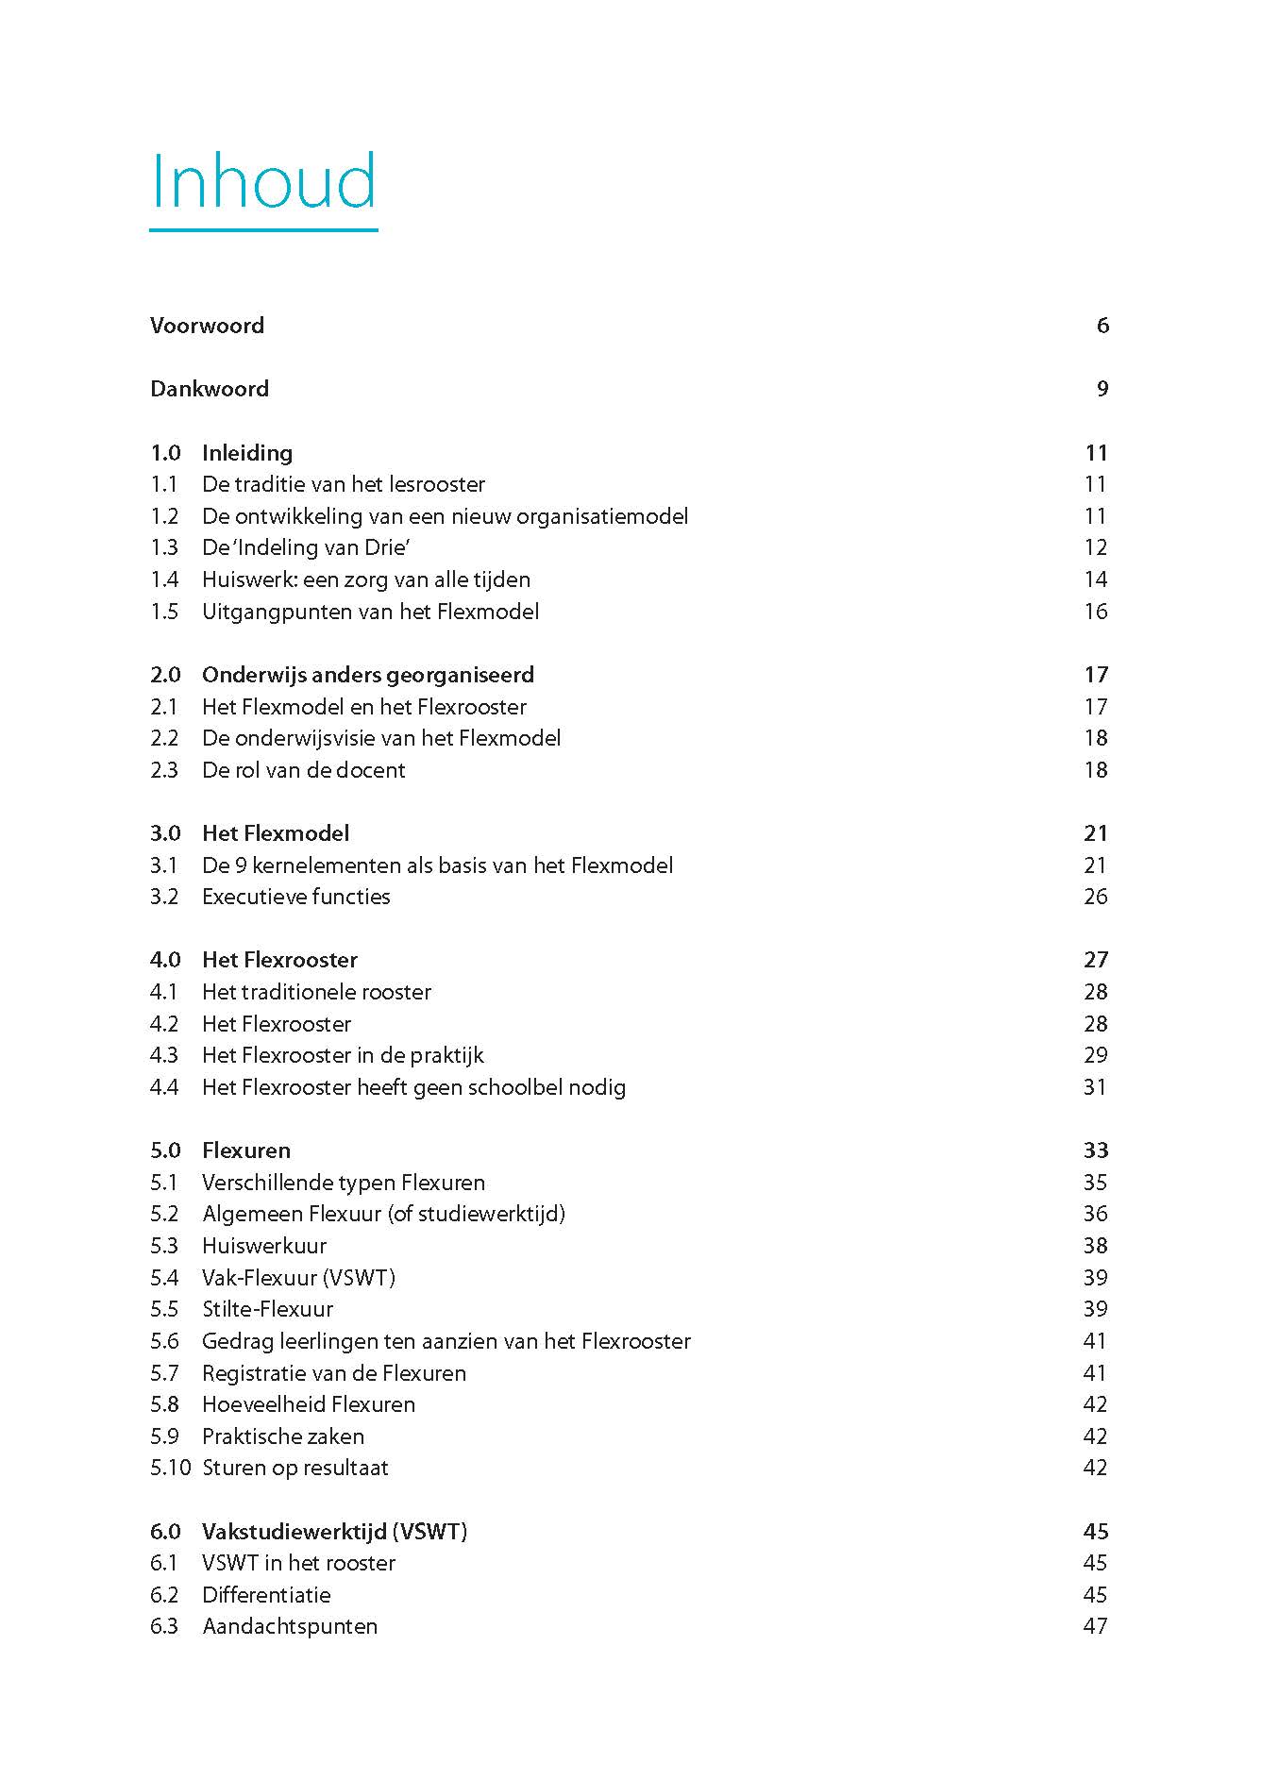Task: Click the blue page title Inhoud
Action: [x=263, y=181]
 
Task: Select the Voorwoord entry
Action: [x=207, y=326]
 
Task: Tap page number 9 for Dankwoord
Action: [x=1102, y=389]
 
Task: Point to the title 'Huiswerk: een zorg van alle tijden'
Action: [x=366, y=579]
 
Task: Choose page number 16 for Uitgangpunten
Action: [x=1095, y=612]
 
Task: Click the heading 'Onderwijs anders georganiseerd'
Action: [x=368, y=675]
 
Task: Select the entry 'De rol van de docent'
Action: [x=303, y=770]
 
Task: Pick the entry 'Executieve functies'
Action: [x=295, y=897]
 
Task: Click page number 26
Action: [x=1095, y=897]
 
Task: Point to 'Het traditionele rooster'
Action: [x=316, y=992]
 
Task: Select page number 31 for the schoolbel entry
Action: [x=1095, y=1087]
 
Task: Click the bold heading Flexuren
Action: [x=245, y=1150]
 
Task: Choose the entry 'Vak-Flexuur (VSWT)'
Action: [x=298, y=1278]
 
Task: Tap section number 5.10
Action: [x=170, y=1468]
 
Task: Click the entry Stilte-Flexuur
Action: [x=267, y=1309]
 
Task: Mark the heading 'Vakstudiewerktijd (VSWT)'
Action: [x=334, y=1531]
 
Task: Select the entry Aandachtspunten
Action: [x=290, y=1626]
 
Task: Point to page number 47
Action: [x=1095, y=1626]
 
